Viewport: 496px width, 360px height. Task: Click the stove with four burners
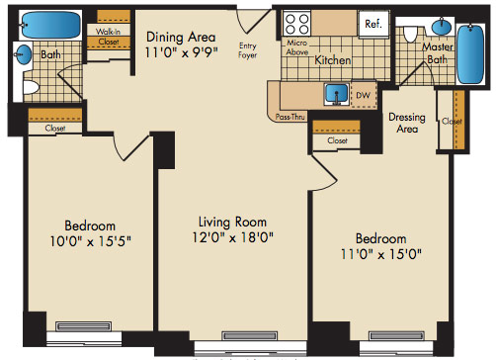point(297,23)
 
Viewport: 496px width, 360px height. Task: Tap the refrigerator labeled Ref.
point(373,24)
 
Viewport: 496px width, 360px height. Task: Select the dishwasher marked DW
point(364,95)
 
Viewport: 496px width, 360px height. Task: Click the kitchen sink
point(337,94)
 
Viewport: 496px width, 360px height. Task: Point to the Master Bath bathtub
point(470,53)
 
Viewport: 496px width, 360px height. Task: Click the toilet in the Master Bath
point(410,35)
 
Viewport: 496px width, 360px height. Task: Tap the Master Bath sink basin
point(442,27)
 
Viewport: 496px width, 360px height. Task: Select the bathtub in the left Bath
point(50,25)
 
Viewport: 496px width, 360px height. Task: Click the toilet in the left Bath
point(31,87)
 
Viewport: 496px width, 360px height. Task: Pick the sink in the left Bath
point(24,54)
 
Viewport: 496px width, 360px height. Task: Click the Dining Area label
point(181,37)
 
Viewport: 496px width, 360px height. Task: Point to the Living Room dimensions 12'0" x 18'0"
point(232,237)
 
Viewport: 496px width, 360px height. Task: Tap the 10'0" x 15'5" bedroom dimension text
point(90,241)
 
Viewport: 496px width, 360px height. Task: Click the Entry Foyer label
point(248,50)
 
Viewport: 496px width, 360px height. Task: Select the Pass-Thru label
point(290,117)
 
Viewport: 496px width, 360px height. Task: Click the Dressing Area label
point(407,123)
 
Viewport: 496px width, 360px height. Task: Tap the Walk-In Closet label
point(109,37)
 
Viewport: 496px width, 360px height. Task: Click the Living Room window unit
point(249,336)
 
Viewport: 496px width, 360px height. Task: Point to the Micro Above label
point(297,47)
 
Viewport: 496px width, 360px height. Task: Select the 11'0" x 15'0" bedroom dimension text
point(381,254)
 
